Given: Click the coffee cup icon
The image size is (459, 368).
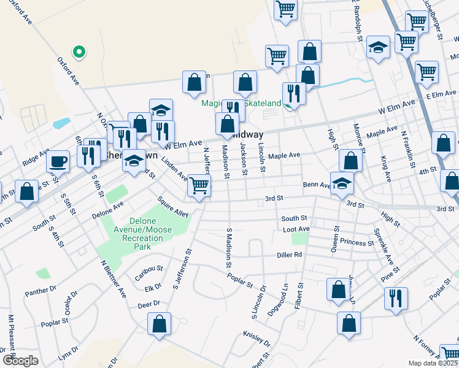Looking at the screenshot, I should click(58, 161).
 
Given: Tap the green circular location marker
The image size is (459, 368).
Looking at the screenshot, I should click(78, 52).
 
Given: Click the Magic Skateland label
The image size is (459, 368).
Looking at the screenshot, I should click(242, 104).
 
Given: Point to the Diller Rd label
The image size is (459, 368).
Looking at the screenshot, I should click(289, 255).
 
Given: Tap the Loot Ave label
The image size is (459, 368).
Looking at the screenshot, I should click(296, 229).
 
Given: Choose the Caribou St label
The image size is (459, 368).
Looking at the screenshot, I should click(150, 269).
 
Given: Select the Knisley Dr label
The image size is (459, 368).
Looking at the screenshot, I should click(256, 337).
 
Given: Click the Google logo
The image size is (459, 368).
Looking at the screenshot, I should click(20, 361).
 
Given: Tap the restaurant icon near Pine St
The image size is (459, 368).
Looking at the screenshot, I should click(395, 297).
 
